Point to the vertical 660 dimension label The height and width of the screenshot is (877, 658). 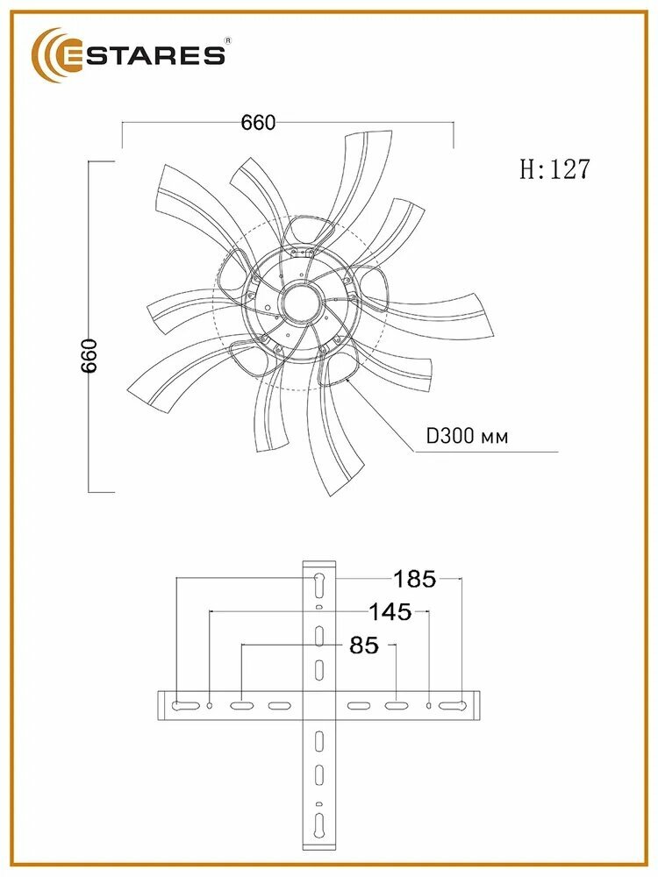89,356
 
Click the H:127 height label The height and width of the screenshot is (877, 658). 554,169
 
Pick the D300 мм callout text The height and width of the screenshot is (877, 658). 468,436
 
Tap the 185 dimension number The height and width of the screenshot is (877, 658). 415,579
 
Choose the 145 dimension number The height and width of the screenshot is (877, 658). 390,612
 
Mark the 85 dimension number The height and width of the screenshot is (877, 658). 364,645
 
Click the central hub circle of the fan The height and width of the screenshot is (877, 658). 303,303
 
